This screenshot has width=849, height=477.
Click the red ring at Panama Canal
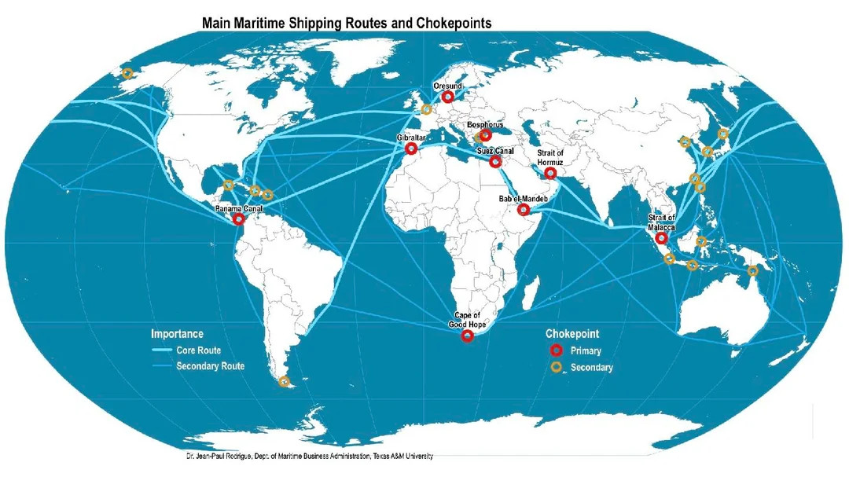pyautogui.click(x=238, y=219)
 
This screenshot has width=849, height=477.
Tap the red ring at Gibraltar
pyautogui.click(x=411, y=149)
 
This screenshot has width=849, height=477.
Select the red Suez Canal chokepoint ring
pyautogui.click(x=495, y=162)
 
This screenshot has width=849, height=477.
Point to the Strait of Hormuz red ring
pyautogui.click(x=550, y=173)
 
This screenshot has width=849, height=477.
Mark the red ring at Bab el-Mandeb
pyautogui.click(x=523, y=210)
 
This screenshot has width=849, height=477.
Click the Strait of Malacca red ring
pyautogui.click(x=661, y=238)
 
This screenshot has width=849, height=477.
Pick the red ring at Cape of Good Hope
pyautogui.click(x=467, y=336)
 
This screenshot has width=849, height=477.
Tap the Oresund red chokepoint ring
pyautogui.click(x=448, y=97)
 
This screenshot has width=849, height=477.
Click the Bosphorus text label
pyautogui.click(x=485, y=125)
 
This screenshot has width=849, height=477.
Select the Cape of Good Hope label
pyautogui.click(x=467, y=320)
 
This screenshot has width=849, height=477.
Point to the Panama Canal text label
pyautogui.click(x=239, y=209)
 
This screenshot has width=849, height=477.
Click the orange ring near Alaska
pyautogui.click(x=127, y=73)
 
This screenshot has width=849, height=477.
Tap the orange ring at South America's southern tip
pyautogui.click(x=285, y=381)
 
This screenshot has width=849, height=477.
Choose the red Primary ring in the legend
pyautogui.click(x=556, y=350)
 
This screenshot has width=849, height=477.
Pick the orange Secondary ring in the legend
pyautogui.click(x=556, y=367)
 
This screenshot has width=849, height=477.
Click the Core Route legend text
pyautogui.click(x=199, y=350)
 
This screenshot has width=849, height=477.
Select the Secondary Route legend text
pyautogui.click(x=211, y=366)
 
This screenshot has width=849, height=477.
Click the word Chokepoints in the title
pyautogui.click(x=454, y=24)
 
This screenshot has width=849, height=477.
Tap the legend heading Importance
pyautogui.click(x=177, y=334)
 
